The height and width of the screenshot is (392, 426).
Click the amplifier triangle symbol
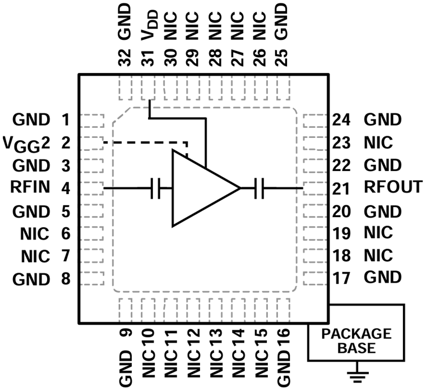coord(199,188)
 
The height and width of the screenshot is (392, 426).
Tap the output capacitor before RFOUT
coord(259,188)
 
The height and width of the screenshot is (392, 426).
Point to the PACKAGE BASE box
coord(355,340)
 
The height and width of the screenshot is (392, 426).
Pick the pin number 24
coord(342,119)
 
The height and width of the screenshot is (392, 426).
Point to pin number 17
coord(342,277)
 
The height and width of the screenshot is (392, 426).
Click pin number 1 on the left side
coord(66,119)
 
